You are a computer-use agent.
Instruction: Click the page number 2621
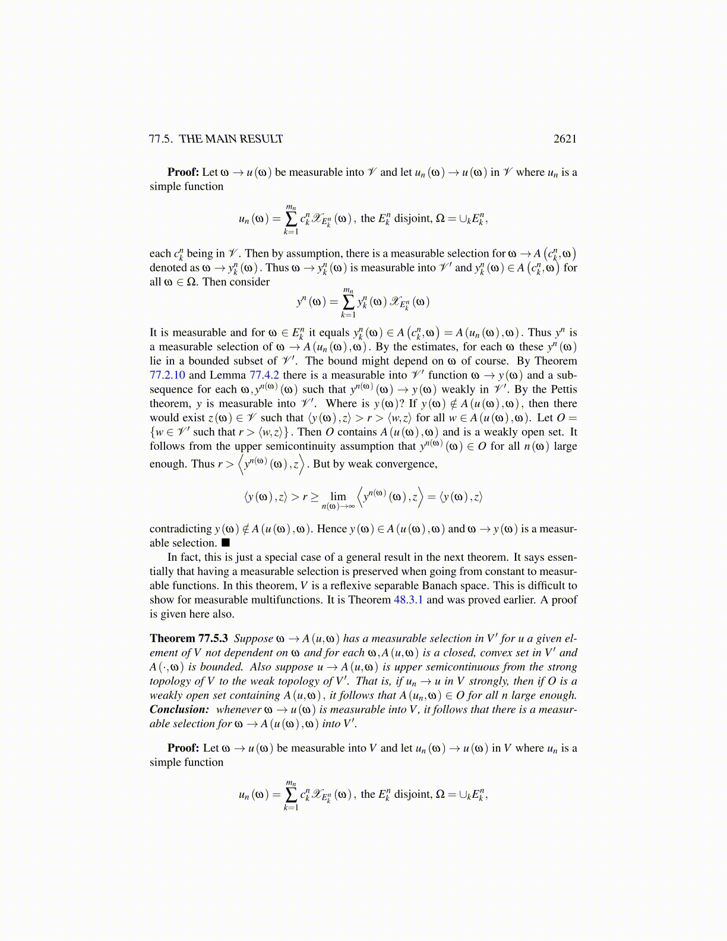[565, 139]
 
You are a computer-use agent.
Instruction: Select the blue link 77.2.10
[167, 375]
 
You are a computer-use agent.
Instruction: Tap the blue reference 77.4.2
[264, 375]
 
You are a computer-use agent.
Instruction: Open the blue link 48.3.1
[408, 600]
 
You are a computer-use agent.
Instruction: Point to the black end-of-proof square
[226, 543]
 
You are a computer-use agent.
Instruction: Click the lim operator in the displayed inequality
[338, 497]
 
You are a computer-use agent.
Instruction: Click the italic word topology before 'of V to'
[168, 681]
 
